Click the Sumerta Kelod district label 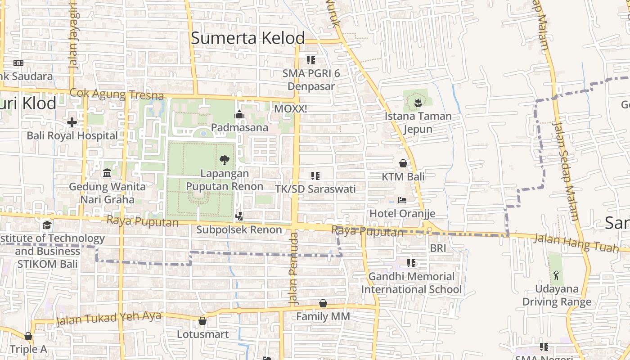coord(248,38)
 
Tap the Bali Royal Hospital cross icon coord(72,122)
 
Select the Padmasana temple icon coord(239,115)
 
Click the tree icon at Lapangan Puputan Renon coord(224,160)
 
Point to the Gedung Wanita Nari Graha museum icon coord(107,173)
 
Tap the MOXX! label coord(290,109)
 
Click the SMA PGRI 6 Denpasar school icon coord(310,60)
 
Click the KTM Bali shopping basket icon coord(403,163)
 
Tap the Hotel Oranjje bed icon coord(402,200)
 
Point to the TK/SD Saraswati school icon coord(315,176)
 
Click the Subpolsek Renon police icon coord(239,216)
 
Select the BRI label coord(437,248)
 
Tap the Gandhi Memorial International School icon coord(411,263)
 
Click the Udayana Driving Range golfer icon coord(557,275)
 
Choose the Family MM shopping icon coord(323,304)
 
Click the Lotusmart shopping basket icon coord(202,321)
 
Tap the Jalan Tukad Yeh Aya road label coord(108,319)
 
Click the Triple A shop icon coord(28,336)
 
